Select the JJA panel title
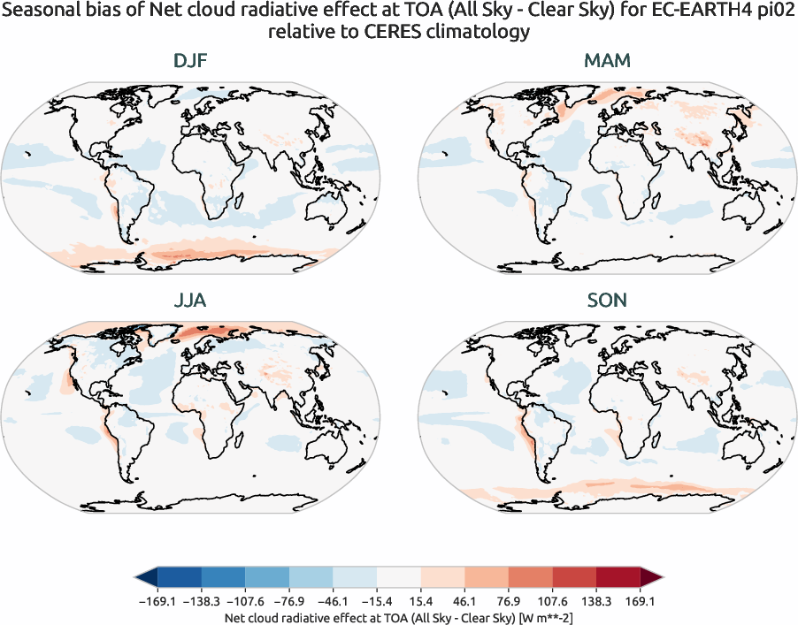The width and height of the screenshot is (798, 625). click(x=190, y=301)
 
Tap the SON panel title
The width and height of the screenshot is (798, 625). click(x=607, y=301)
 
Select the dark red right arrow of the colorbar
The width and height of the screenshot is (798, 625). click(x=652, y=578)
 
